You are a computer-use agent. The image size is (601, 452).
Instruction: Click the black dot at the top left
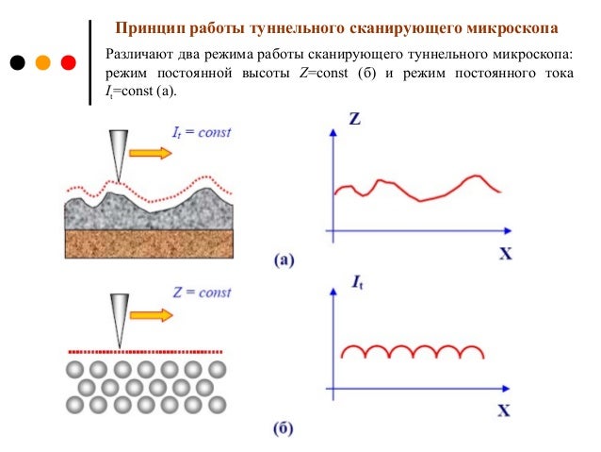click(x=17, y=63)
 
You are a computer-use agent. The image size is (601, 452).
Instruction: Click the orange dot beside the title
click(x=42, y=63)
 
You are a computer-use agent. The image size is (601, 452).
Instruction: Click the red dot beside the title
click(x=68, y=63)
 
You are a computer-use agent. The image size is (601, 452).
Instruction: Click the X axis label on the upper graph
click(x=504, y=253)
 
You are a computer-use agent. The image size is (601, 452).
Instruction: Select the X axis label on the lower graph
click(x=504, y=411)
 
